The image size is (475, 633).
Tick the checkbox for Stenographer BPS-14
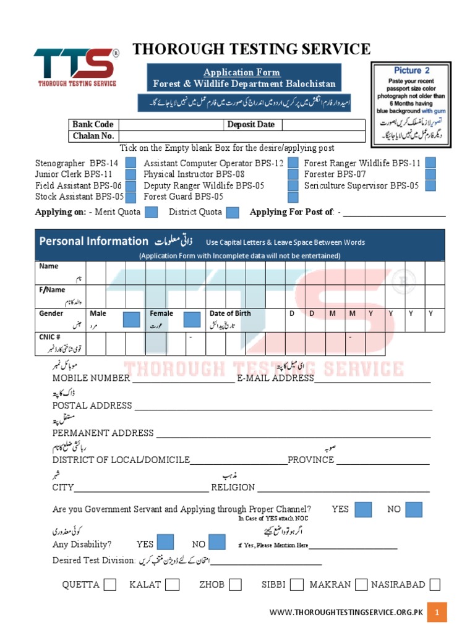pyautogui.click(x=131, y=163)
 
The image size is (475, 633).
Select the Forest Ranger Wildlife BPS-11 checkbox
pyautogui.click(x=430, y=163)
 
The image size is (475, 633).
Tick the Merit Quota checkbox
pyautogui.click(x=152, y=212)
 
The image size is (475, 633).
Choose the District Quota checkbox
pyautogui.click(x=233, y=212)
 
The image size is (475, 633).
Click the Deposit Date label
pyautogui.click(x=250, y=124)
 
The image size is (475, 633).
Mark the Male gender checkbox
pyautogui.click(x=131, y=320)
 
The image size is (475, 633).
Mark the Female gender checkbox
pyautogui.click(x=192, y=320)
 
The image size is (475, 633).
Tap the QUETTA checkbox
pyautogui.click(x=110, y=584)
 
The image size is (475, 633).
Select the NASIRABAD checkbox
pyautogui.click(x=435, y=584)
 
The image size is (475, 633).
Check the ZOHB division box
pyautogui.click(x=235, y=584)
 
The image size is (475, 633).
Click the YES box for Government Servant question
pyautogui.click(x=363, y=509)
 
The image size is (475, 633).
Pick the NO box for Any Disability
pyautogui.click(x=216, y=543)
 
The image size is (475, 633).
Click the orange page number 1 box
pyautogui.click(x=437, y=613)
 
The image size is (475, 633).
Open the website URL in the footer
pyautogui.click(x=346, y=613)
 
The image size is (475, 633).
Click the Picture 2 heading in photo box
pyautogui.click(x=411, y=70)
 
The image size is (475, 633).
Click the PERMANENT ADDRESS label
pyautogui.click(x=103, y=433)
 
